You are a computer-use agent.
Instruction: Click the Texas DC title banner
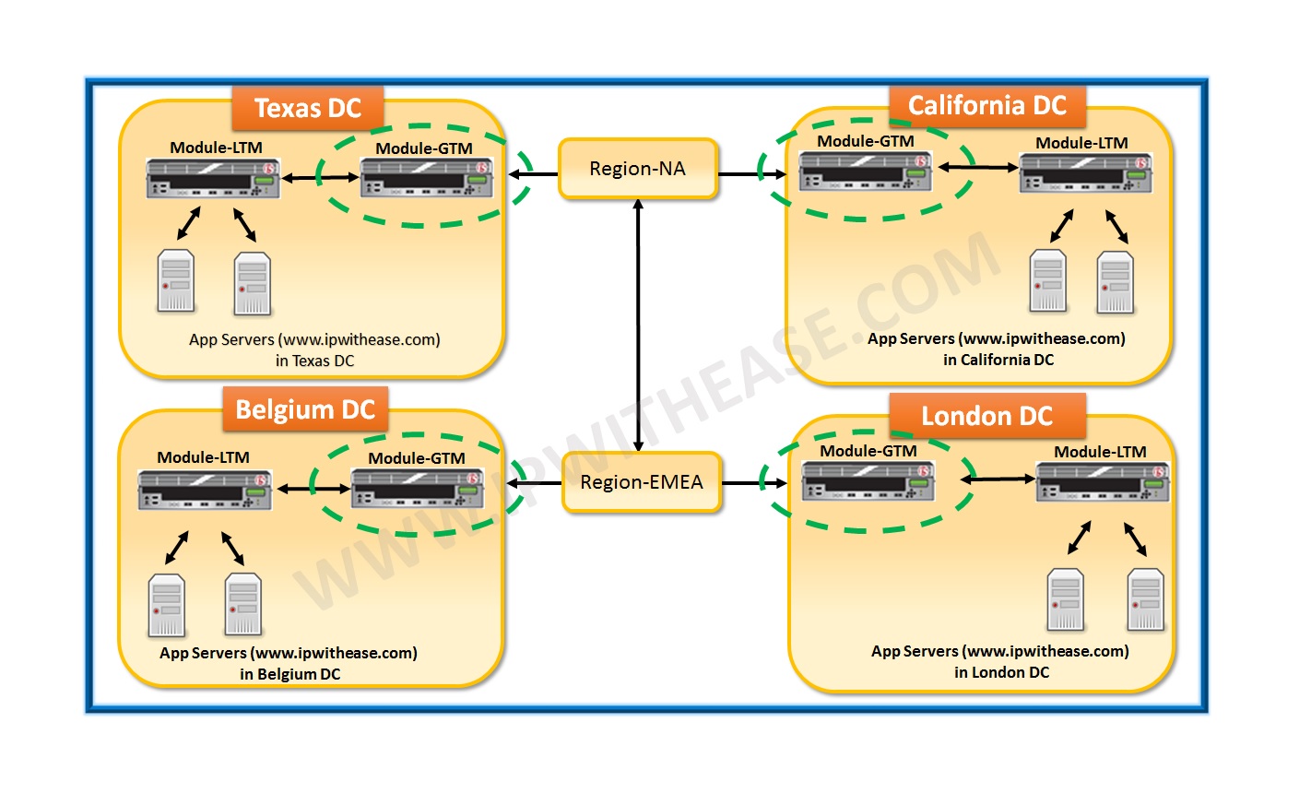pyautogui.click(x=307, y=109)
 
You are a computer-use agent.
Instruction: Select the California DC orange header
pyautogui.click(x=986, y=106)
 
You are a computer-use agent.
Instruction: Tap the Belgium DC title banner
pyautogui.click(x=305, y=409)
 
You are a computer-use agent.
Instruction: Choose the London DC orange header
pyautogui.click(x=986, y=416)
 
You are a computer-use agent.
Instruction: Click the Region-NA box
pyautogui.click(x=637, y=169)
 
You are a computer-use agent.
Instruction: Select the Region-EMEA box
pyautogui.click(x=641, y=482)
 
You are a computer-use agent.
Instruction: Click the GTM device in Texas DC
pyautogui.click(x=425, y=178)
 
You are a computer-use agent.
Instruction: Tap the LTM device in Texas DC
pyautogui.click(x=213, y=178)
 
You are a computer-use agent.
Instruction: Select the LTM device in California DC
pyautogui.click(x=1085, y=172)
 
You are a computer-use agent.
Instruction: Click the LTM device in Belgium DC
pyautogui.click(x=205, y=489)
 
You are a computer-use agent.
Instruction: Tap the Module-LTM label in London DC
pyautogui.click(x=1100, y=452)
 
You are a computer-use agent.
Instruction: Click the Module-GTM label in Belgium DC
pyautogui.click(x=417, y=458)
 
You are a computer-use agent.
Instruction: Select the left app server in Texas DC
pyautogui.click(x=176, y=280)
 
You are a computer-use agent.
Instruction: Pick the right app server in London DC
pyautogui.click(x=1145, y=599)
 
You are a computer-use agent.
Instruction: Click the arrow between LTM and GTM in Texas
pyautogui.click(x=320, y=178)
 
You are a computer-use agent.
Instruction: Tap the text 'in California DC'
pyautogui.click(x=998, y=360)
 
